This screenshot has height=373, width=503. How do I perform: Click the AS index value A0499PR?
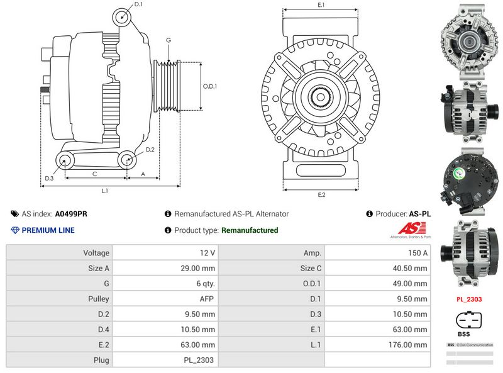click(71, 214)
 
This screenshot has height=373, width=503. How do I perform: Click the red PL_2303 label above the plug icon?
click(469, 299)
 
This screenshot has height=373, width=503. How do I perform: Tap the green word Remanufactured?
click(250, 230)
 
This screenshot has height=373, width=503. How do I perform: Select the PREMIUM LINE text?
click(48, 230)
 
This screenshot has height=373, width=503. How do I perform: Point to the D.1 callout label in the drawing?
click(138, 4)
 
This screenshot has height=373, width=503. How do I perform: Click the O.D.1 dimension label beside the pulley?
click(210, 86)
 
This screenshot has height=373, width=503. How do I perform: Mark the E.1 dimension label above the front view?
click(321, 5)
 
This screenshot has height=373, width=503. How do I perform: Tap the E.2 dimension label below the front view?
click(321, 195)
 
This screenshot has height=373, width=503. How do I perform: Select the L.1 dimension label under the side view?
click(105, 190)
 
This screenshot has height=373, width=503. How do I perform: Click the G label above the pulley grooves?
click(168, 41)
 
